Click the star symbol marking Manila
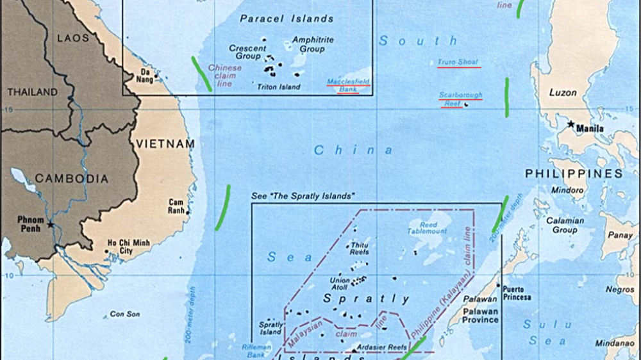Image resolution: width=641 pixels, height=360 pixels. click(x=570, y=124)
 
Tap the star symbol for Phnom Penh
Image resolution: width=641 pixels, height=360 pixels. click(x=51, y=225)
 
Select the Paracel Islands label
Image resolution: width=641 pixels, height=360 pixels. click(x=287, y=19)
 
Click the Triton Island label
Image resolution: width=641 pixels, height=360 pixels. click(x=278, y=86)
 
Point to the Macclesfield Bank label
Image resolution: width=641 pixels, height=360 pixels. click(x=349, y=85)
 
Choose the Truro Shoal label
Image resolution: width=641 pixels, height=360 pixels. click(x=458, y=62)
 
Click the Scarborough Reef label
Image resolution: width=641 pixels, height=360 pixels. click(x=460, y=99)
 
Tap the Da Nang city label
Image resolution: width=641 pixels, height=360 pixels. click(x=144, y=75)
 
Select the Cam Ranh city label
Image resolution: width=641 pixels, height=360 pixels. click(x=176, y=206)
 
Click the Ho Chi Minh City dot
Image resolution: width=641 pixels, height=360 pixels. click(x=106, y=251)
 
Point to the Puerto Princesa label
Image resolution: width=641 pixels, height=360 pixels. click(x=517, y=293)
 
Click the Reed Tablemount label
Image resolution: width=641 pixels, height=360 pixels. click(x=428, y=227)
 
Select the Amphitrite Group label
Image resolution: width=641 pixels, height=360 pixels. click(x=313, y=44)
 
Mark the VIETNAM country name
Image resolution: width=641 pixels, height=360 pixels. click(x=165, y=144)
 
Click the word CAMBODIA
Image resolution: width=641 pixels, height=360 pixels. click(x=71, y=179)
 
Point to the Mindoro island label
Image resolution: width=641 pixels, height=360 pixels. click(x=567, y=190)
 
